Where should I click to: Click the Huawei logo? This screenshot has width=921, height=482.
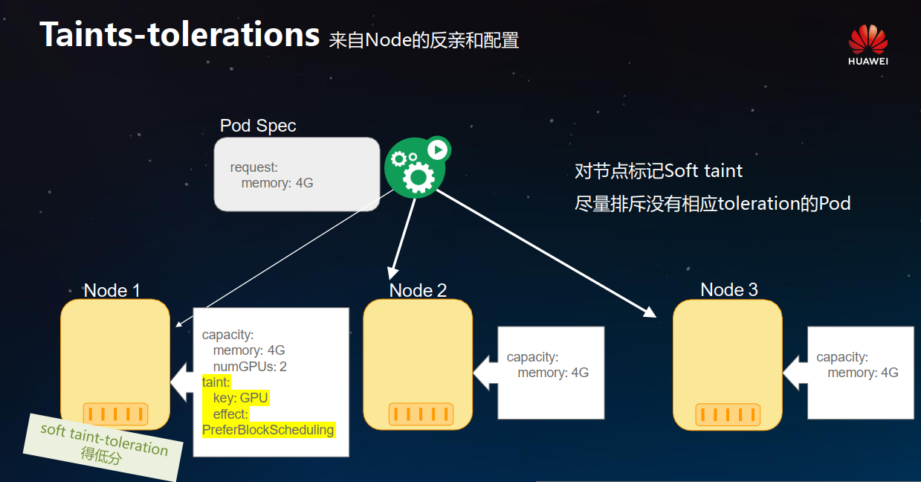click(x=868, y=44)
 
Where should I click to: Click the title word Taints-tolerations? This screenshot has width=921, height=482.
click(x=179, y=34)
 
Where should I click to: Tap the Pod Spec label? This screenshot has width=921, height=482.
click(x=258, y=126)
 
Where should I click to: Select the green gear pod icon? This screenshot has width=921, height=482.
click(x=414, y=167)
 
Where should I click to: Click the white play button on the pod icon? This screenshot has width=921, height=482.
click(x=438, y=150)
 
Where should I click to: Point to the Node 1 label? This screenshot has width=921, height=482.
click(x=112, y=290)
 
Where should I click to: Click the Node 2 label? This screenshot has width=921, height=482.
click(x=418, y=290)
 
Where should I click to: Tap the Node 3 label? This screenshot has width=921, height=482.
click(x=728, y=289)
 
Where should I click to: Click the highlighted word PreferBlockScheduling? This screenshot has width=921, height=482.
click(x=268, y=430)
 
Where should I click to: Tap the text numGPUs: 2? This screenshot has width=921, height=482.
click(x=250, y=367)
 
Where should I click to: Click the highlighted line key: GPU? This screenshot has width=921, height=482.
click(x=240, y=398)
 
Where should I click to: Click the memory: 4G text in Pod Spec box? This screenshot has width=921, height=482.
click(x=277, y=183)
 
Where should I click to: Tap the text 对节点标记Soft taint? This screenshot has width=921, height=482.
click(x=659, y=171)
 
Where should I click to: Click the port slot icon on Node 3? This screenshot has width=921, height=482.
click(x=727, y=414)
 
